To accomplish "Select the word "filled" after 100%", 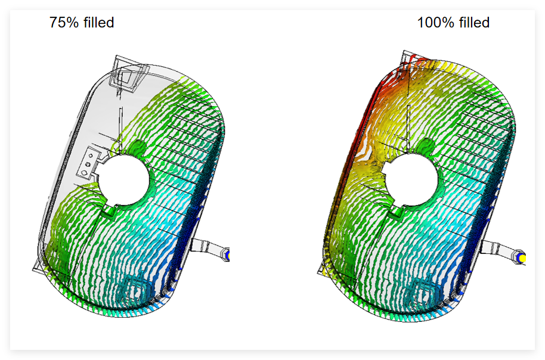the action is coord(474,23).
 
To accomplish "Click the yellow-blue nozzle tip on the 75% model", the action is coord(227,255).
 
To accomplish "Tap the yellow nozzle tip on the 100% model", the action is coord(521,258).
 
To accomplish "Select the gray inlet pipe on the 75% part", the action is coord(208,247).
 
